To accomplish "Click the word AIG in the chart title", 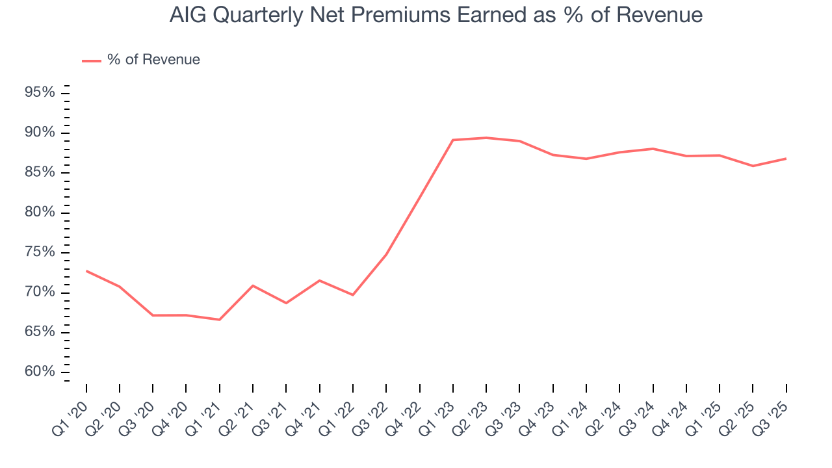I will pyautogui.click(x=186, y=14).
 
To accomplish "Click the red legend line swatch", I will pyautogui.click(x=91, y=60).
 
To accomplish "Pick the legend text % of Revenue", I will pyautogui.click(x=153, y=60).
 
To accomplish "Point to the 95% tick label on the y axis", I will pyautogui.click(x=40, y=93).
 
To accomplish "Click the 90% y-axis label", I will pyautogui.click(x=40, y=133).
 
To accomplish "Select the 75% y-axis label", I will pyautogui.click(x=40, y=252).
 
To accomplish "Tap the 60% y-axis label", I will pyautogui.click(x=40, y=372).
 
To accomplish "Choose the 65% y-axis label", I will pyautogui.click(x=40, y=332).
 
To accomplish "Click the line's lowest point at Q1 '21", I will pyautogui.click(x=219, y=320).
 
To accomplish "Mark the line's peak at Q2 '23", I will pyautogui.click(x=486, y=138).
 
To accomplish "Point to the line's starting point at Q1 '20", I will pyautogui.click(x=86, y=271).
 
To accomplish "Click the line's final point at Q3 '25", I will pyautogui.click(x=786, y=159).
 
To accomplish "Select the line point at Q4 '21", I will pyautogui.click(x=319, y=280).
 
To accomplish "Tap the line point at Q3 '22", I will pyautogui.click(x=386, y=254).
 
